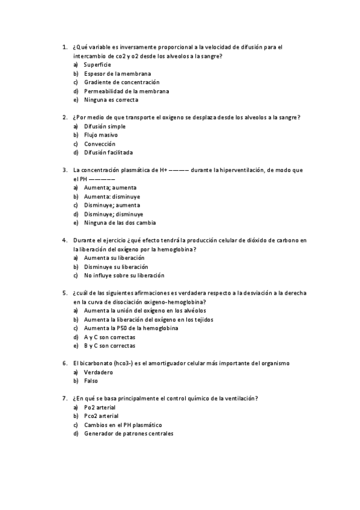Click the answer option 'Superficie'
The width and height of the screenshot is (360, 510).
97,64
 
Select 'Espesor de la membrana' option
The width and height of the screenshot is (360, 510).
117,73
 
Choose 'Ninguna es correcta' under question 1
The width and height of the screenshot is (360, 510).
111,100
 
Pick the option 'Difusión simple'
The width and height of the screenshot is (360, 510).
105,126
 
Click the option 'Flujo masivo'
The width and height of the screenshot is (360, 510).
100,135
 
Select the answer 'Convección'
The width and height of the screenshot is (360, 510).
99,144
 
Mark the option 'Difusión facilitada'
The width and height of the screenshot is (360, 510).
108,153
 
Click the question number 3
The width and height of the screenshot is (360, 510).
64,170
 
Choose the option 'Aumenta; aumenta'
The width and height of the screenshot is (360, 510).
110,188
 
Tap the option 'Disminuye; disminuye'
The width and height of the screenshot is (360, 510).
114,214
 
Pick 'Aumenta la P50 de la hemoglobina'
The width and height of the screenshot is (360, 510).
132,328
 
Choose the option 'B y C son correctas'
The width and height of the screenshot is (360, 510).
109,346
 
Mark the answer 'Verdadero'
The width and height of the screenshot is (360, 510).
98,372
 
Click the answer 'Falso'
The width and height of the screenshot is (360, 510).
91,381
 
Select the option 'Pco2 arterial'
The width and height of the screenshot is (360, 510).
101,416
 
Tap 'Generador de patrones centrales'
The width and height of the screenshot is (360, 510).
128,434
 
